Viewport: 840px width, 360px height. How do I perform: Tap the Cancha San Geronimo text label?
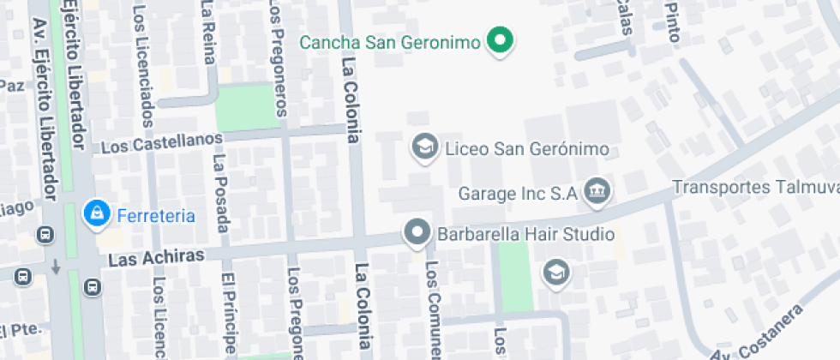pos(387,42)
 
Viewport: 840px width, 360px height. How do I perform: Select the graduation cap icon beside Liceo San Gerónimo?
pos(423,147)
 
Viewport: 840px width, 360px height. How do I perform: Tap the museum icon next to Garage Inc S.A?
pos(595,192)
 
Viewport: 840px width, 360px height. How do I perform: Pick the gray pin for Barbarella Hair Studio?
pos(417,232)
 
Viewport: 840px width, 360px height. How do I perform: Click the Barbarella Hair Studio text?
pos(525,233)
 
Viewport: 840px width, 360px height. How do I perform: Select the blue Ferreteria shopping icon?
pos(94,214)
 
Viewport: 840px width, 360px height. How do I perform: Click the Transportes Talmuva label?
pos(754,187)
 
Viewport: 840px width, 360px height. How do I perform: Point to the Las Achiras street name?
pos(157,257)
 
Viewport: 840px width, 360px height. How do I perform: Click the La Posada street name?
pos(221,193)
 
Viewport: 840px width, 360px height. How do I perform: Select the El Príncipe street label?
pos(229,313)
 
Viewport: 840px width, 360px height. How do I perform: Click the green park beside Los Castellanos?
pos(248,107)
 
